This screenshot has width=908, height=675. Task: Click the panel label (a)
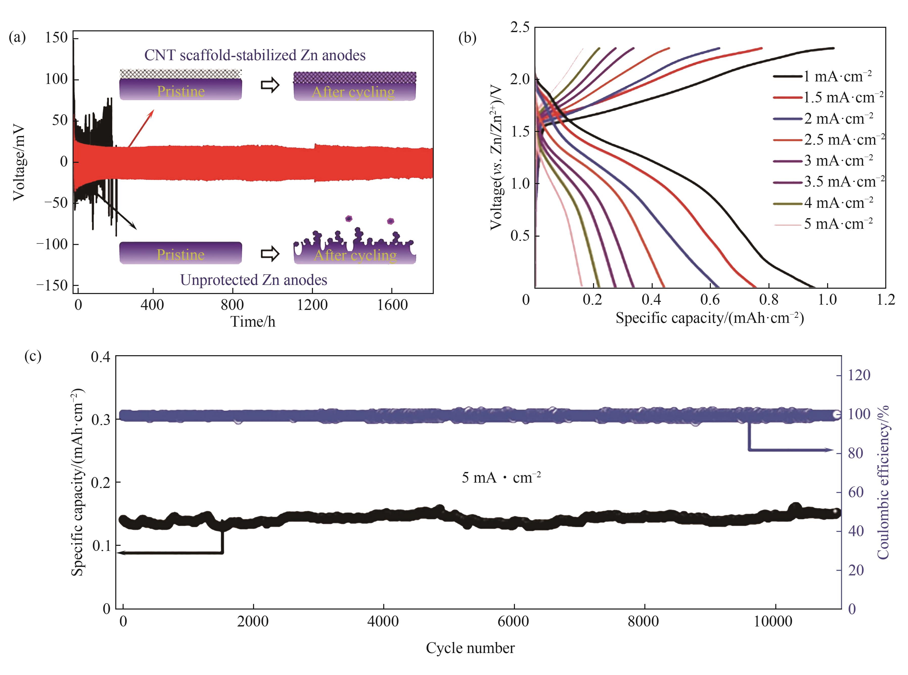click(x=17, y=38)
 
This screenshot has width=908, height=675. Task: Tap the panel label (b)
click(x=467, y=38)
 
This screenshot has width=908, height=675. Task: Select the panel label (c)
click(x=33, y=356)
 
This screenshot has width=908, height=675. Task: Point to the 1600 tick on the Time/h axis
click(x=392, y=305)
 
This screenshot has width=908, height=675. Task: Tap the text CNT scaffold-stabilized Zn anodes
click(x=255, y=55)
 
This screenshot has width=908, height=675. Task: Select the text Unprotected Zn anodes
click(x=254, y=280)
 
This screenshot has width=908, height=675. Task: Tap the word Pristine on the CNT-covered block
click(x=180, y=91)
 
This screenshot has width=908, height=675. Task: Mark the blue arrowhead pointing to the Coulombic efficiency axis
click(x=829, y=450)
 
